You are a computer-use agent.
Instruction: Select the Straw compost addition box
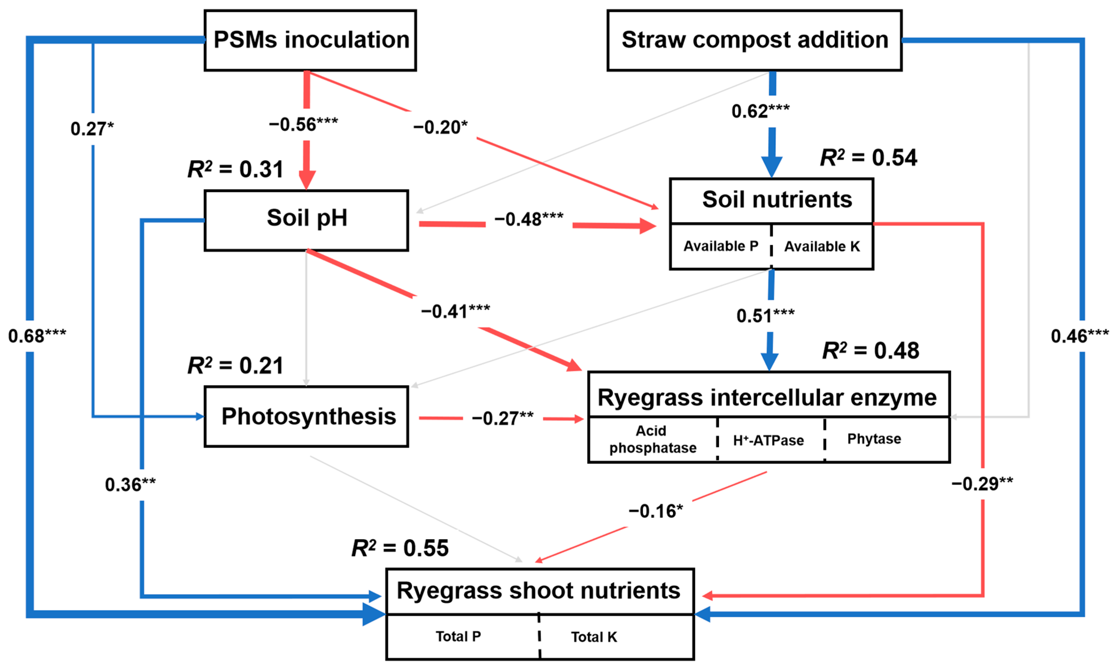point(754,40)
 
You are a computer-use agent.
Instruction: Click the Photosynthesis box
point(307,416)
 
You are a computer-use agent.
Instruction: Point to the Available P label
point(720,246)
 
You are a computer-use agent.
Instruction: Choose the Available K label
point(822,246)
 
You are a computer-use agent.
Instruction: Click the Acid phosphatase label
point(653,439)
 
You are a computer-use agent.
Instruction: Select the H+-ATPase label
point(768,440)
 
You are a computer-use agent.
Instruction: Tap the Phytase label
point(874,438)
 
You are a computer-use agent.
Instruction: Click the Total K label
point(593,637)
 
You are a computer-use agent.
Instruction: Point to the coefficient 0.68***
point(37,336)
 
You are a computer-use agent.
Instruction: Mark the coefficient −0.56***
point(303,124)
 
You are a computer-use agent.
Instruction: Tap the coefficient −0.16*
point(655,511)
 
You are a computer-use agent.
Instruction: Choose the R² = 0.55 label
point(400,548)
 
